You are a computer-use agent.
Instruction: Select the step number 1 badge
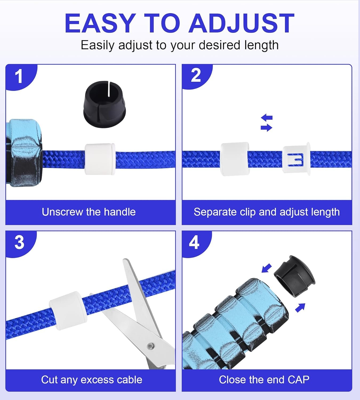[19, 77]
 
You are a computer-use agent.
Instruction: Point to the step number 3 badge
[19, 243]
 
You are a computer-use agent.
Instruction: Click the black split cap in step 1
[105, 104]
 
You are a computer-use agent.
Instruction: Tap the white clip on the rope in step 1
[100, 159]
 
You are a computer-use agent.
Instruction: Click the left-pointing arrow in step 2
[267, 117]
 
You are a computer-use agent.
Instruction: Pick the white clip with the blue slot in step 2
[297, 159]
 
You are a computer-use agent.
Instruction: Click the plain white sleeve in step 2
[235, 159]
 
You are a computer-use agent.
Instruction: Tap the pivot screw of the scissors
[151, 346]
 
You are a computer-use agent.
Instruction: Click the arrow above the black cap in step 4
[267, 268]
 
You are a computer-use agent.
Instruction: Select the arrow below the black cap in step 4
[300, 308]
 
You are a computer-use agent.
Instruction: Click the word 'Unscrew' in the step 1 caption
[62, 212]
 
